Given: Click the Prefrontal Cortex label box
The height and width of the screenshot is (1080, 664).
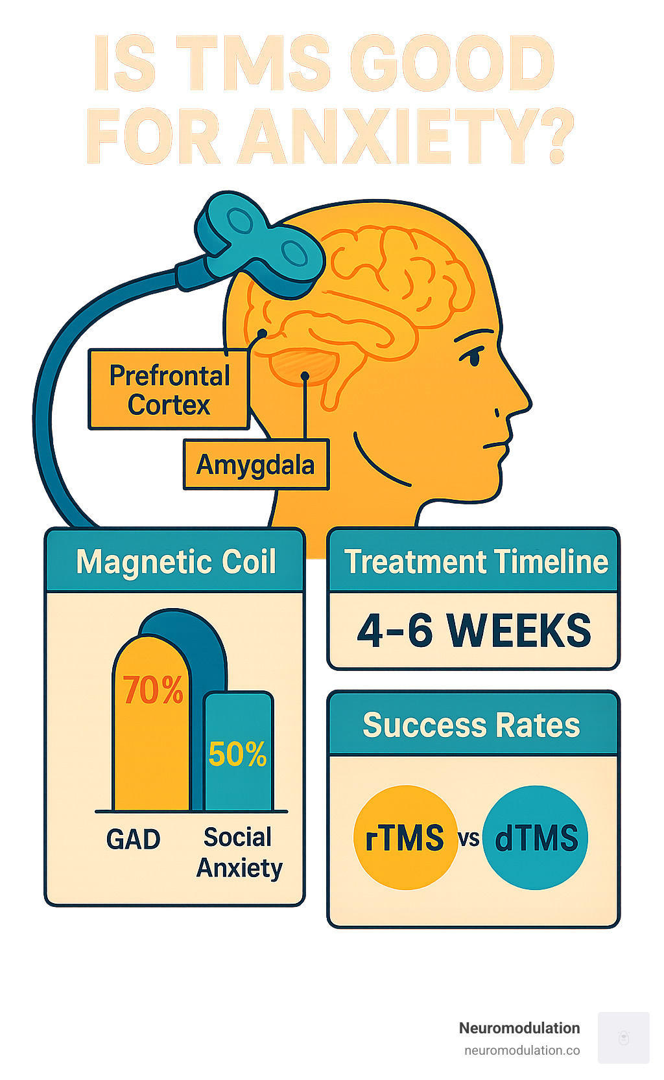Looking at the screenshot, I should [x=169, y=390].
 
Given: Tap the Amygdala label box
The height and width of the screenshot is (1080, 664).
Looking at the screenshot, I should [x=255, y=465].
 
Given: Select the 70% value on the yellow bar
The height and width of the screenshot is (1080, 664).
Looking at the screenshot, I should [x=153, y=690].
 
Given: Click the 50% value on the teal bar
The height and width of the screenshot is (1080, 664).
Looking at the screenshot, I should [x=237, y=754].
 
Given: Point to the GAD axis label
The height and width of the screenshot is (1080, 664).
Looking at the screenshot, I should [x=133, y=839].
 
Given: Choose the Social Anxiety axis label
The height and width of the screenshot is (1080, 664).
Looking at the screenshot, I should [x=239, y=852].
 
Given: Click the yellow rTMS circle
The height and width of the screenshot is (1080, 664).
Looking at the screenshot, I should [x=405, y=838].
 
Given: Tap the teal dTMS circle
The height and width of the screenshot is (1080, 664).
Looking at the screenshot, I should [x=536, y=838].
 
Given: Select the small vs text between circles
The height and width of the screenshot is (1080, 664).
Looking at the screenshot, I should [x=468, y=838].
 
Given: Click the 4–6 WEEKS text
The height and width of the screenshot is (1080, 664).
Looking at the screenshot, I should [x=474, y=630].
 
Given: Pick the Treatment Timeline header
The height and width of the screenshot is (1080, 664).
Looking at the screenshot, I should [x=475, y=561].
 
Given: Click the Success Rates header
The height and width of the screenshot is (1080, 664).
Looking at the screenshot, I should [x=471, y=725].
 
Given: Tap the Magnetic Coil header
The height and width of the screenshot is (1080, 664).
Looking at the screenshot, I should [x=176, y=561].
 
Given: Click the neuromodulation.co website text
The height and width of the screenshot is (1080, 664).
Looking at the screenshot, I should [x=522, y=1050].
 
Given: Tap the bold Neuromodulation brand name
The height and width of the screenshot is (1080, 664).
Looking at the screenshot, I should [x=519, y=1028].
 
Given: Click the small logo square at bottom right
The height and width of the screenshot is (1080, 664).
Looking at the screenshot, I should [x=623, y=1037].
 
